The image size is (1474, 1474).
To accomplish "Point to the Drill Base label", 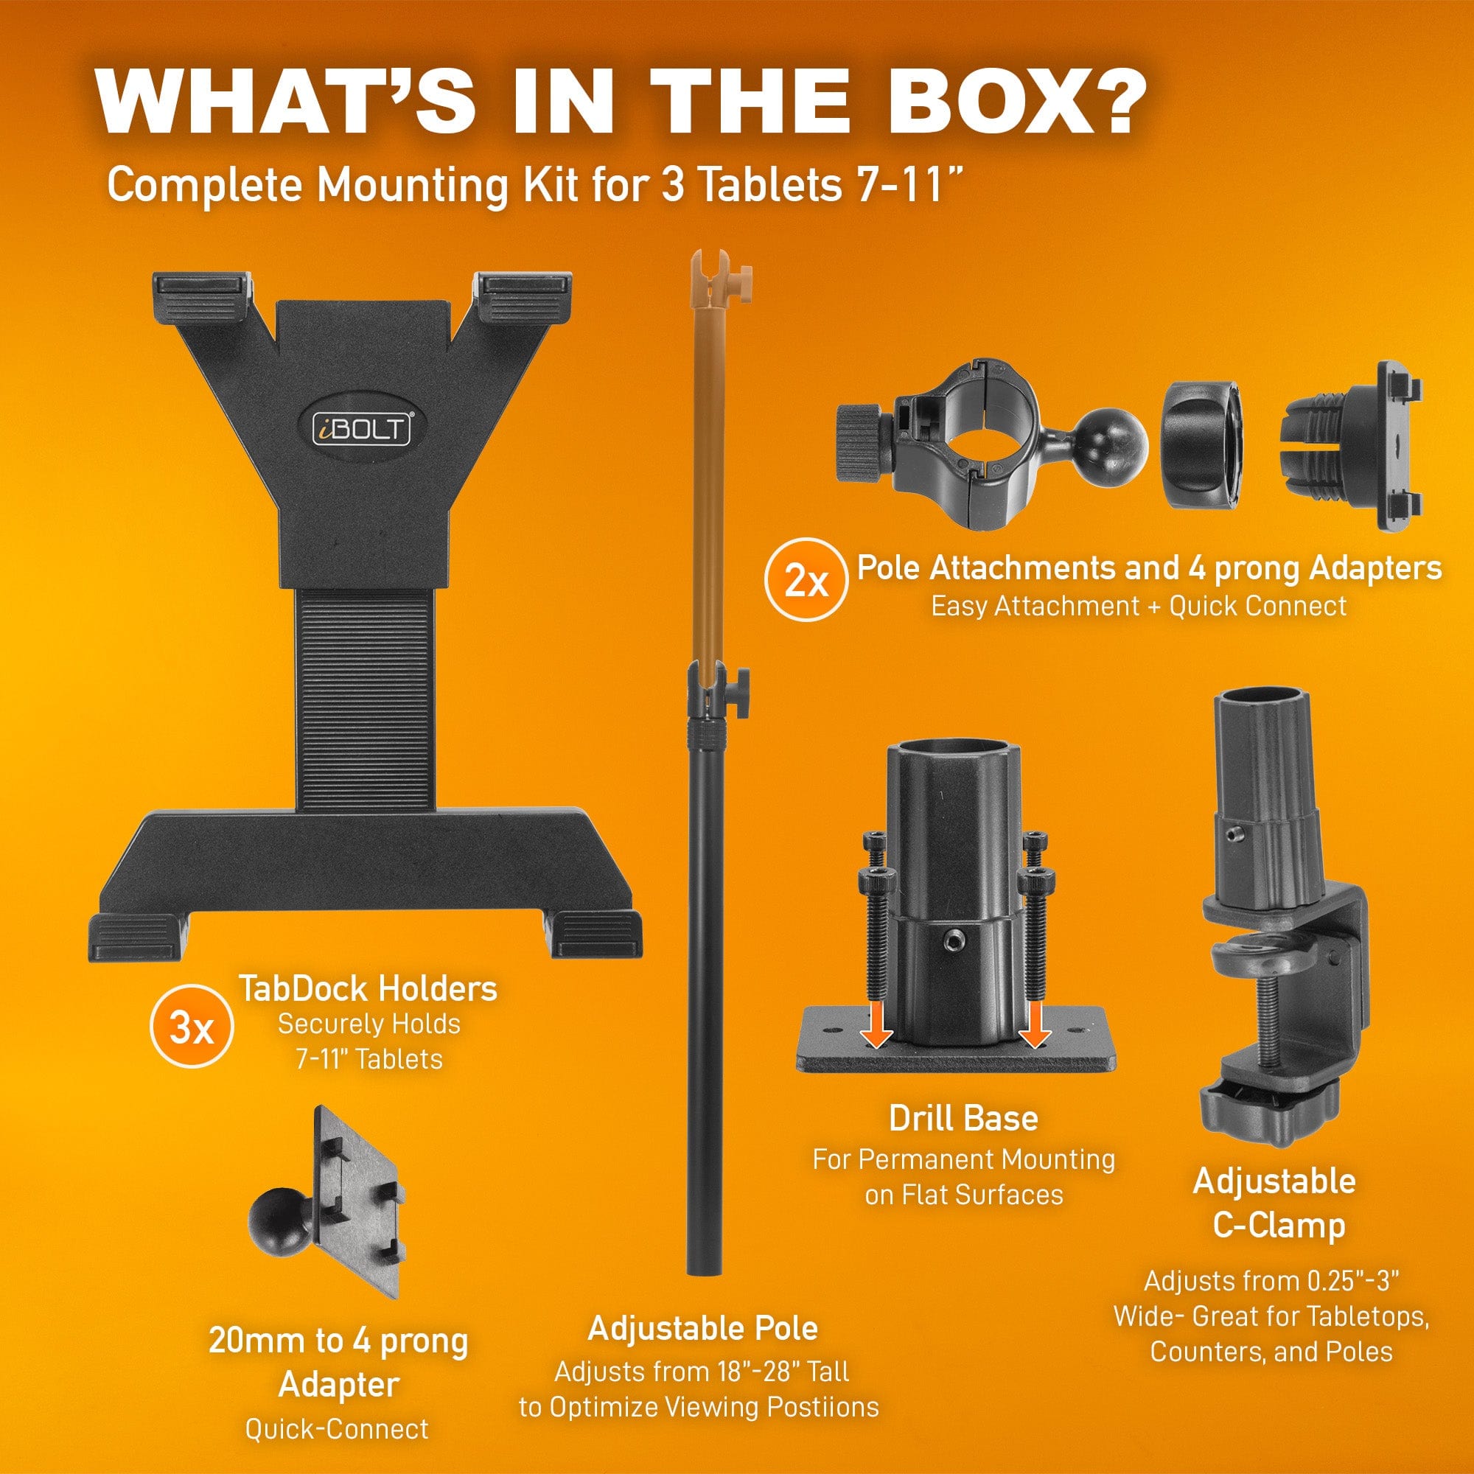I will pos(963,1120).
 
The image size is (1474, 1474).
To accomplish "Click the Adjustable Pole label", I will pos(702,1329).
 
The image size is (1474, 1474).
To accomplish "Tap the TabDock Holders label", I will pos(368,990).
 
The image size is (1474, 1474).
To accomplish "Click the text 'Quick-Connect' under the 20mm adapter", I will pos(337,1428).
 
